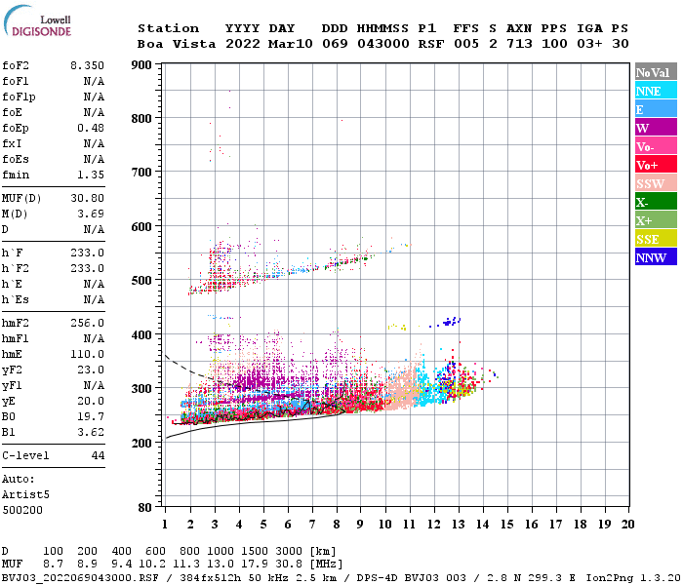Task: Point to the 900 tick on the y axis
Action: tap(142, 64)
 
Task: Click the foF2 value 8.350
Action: tap(87, 64)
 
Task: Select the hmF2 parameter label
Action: tap(19, 323)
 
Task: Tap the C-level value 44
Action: tap(97, 455)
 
